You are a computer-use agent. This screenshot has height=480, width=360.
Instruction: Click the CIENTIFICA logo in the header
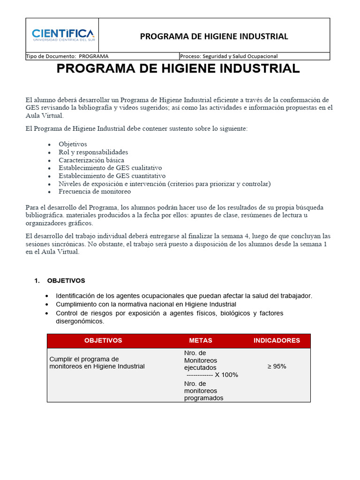(x=63, y=35)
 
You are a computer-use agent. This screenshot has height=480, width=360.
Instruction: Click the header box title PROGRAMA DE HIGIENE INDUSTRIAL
(x=214, y=37)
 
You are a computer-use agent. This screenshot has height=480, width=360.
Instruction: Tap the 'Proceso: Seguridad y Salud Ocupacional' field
(x=229, y=56)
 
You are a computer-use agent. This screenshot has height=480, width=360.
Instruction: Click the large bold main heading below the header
(x=178, y=69)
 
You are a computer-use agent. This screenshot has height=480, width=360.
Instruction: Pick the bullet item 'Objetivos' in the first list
(x=73, y=144)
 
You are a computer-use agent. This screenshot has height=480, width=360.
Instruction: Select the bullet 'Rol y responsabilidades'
(x=93, y=152)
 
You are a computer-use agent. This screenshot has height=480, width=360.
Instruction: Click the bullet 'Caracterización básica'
(x=91, y=160)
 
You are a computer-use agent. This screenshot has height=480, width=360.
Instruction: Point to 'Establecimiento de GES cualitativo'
(x=110, y=168)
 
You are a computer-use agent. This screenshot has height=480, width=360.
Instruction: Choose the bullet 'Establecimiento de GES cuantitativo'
(x=112, y=176)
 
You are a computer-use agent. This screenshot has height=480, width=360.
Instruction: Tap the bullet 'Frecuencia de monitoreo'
(x=95, y=191)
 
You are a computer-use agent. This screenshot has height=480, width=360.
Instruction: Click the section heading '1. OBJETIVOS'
(x=60, y=281)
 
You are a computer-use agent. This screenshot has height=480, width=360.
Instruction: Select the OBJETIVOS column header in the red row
(x=103, y=341)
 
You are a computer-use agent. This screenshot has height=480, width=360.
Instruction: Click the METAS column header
(x=201, y=341)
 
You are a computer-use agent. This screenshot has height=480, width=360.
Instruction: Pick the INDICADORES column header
(x=277, y=341)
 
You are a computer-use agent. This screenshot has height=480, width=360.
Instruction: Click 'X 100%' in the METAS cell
(x=226, y=375)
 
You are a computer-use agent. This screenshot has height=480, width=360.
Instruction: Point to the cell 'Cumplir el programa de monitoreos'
(x=97, y=363)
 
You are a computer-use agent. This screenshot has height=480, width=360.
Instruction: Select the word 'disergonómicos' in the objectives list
(x=79, y=322)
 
